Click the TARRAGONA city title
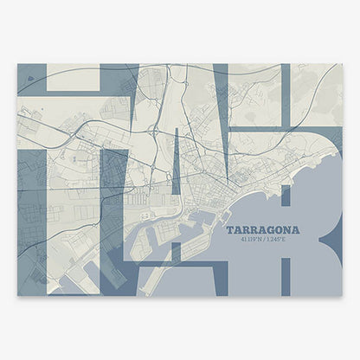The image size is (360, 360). pos(263,230)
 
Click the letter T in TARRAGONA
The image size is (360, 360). pos(229,230)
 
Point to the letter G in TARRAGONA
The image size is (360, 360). pos(269,230)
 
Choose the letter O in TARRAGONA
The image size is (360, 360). pos(278,230)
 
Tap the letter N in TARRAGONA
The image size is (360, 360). pos(287,230)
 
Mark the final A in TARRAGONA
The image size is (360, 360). pos(296,230)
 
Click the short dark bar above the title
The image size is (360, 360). pos(286,197)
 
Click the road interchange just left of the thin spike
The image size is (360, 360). pos(154,132)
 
